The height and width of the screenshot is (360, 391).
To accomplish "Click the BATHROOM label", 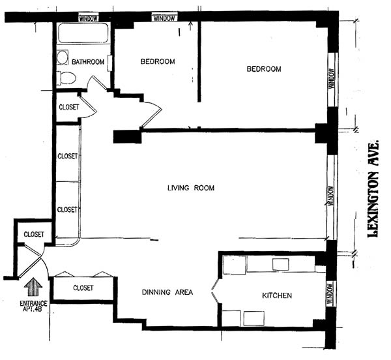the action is pos(88,63).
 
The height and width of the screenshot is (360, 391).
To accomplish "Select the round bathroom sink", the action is pos(63,57).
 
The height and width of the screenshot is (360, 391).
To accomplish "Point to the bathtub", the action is pos(83,34).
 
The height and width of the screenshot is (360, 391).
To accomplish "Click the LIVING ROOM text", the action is pos(190,188).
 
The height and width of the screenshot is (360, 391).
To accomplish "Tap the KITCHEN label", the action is pos(277,296).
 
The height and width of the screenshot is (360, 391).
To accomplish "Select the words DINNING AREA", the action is pos(167,292).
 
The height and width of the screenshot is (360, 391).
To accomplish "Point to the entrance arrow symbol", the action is pos(33,286).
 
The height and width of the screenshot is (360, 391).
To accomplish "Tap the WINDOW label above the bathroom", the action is pos(89,18).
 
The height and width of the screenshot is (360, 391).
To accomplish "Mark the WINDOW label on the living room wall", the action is pos(331,195).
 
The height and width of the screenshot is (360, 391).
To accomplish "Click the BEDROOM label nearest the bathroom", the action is pos(158,62).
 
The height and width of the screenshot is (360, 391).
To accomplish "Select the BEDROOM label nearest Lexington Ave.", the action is pos(263,69).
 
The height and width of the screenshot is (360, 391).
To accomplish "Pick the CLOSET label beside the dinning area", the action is pos(83,288).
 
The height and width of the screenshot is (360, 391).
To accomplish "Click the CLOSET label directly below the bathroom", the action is pos(69,108).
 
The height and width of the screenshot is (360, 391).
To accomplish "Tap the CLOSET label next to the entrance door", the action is pos(34,234).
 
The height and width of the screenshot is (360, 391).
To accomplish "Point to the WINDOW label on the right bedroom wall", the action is pos(331,80).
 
